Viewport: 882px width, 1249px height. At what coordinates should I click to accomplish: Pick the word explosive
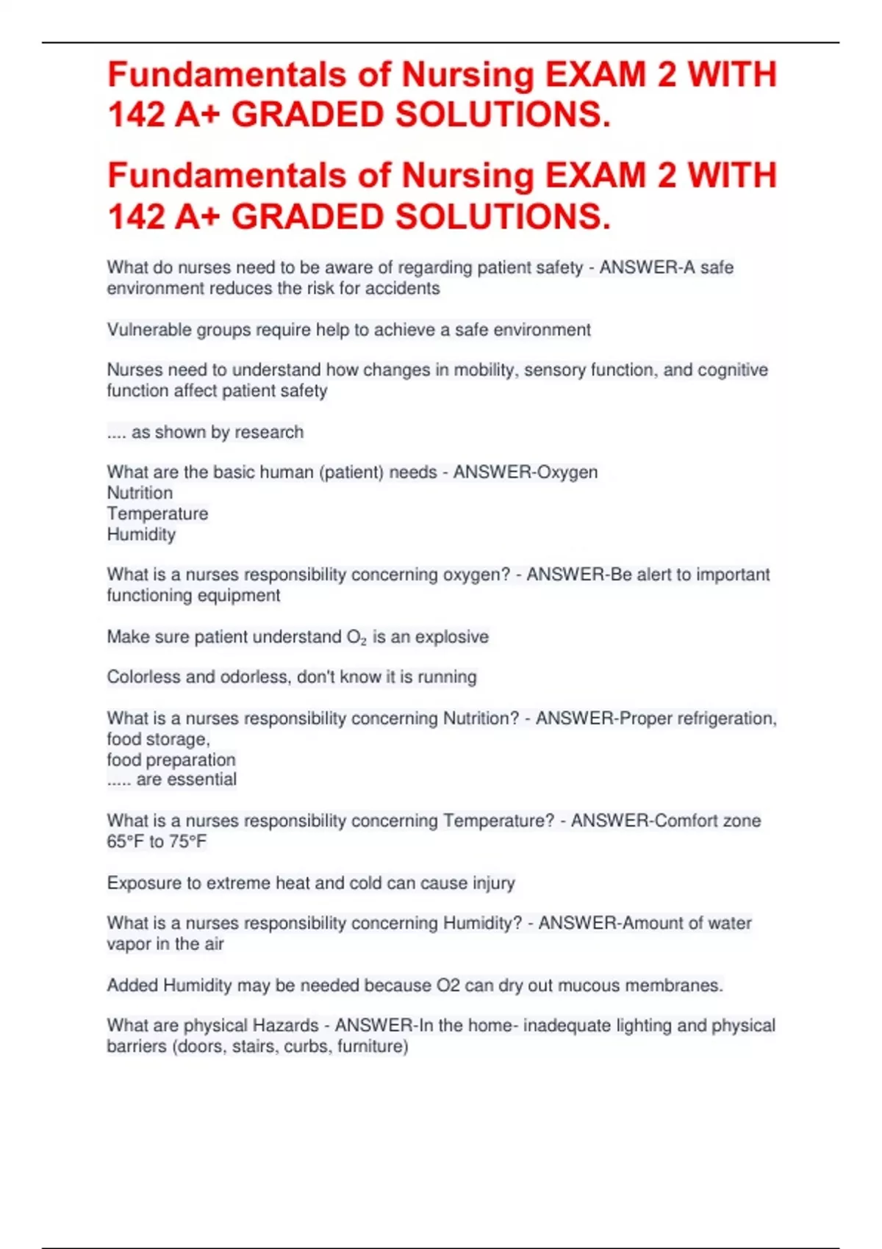[452, 637]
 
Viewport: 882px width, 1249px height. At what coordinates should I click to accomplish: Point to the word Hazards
[286, 1025]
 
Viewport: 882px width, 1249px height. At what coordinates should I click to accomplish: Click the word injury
[494, 882]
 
